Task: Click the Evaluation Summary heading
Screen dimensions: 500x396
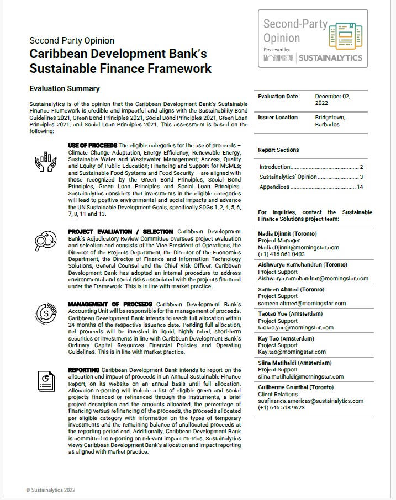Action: [x=65, y=88]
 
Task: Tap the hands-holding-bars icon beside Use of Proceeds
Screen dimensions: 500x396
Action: [x=45, y=159]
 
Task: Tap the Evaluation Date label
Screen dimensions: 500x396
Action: [x=278, y=97]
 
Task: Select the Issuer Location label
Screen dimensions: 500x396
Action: [x=278, y=118]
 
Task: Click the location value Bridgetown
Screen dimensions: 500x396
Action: [x=330, y=118]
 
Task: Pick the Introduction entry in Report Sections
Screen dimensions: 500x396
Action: [x=275, y=167]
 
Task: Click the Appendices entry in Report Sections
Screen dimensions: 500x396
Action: [x=274, y=187]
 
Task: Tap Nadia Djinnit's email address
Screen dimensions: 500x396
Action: [x=298, y=248]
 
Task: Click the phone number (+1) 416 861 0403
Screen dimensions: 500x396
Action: [x=281, y=254]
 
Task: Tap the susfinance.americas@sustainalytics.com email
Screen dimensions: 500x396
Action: [x=310, y=401]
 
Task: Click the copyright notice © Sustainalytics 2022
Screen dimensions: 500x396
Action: [x=50, y=490]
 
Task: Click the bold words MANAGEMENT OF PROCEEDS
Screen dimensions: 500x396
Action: [x=110, y=304]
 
